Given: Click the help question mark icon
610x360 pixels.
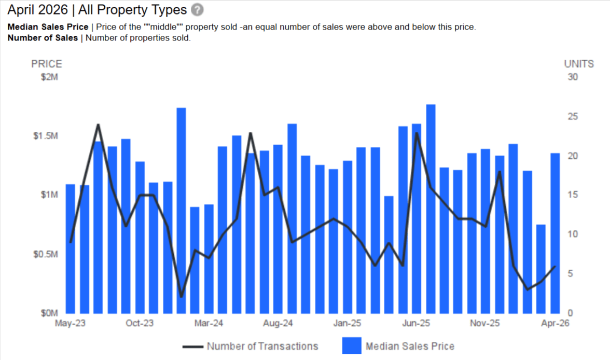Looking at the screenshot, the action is (x=197, y=10).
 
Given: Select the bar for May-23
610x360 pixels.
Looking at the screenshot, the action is (x=71, y=248).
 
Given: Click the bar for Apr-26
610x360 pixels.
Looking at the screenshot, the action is (x=555, y=233).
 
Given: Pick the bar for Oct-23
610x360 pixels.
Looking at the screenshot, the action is (x=140, y=238).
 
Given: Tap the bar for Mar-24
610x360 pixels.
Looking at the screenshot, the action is (x=209, y=259).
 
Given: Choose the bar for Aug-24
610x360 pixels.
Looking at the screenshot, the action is (x=278, y=229).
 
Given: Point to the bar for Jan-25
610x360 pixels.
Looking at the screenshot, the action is (x=348, y=237).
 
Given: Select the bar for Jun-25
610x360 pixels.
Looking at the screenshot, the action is (x=417, y=218).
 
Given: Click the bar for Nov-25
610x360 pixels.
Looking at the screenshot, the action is (x=486, y=231).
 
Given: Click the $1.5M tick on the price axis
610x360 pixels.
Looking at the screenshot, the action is (x=45, y=136).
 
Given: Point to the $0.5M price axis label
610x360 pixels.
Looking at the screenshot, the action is (x=45, y=254).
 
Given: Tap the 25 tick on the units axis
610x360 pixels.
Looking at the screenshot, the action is (x=573, y=116).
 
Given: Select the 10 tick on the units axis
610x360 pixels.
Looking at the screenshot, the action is (x=573, y=234).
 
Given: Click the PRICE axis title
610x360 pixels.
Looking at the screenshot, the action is (x=47, y=64).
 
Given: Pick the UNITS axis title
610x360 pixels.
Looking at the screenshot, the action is (x=579, y=64).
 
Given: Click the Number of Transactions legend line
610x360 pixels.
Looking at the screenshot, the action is (x=193, y=347).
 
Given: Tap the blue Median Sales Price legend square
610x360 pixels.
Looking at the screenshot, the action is (x=352, y=345).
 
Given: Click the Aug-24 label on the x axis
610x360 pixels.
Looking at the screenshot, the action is (x=278, y=323).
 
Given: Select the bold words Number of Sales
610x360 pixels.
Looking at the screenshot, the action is (x=43, y=38).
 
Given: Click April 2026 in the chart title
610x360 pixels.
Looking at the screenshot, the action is (x=37, y=10).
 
